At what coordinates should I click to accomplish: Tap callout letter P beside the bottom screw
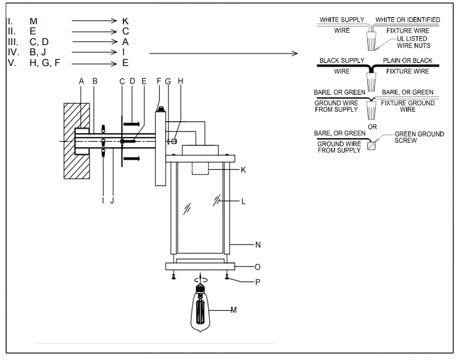[x=258, y=282]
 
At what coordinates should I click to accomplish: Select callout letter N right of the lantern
[x=258, y=244]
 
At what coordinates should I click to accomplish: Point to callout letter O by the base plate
[x=258, y=266]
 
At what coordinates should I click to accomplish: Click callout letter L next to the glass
[x=243, y=200]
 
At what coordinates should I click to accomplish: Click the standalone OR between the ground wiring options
[x=372, y=127]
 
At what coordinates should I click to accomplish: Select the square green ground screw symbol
[x=371, y=145]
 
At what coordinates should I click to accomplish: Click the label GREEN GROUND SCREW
[x=418, y=137]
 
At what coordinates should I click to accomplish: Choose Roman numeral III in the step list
[x=12, y=42]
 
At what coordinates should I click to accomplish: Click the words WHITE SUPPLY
[x=342, y=20]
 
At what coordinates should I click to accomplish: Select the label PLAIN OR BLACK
[x=407, y=60]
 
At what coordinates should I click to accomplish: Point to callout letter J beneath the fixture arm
[x=112, y=200]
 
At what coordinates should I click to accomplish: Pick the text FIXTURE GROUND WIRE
[x=408, y=107]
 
